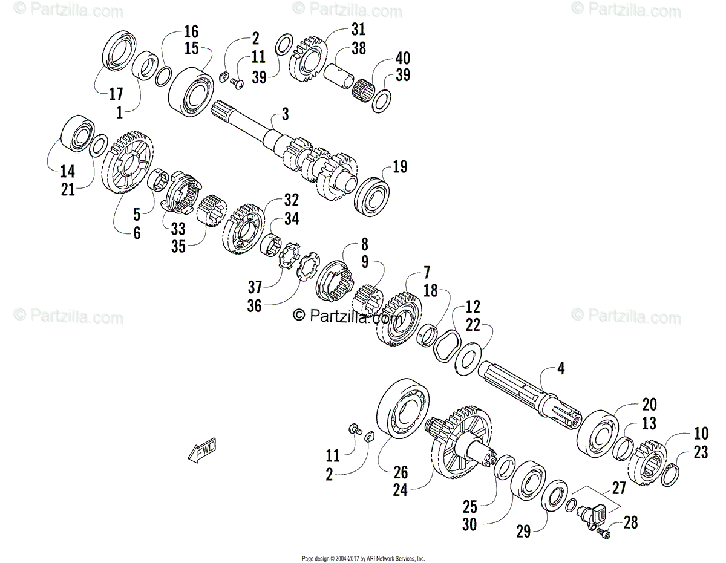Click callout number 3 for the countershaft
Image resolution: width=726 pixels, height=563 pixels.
pos(285,114)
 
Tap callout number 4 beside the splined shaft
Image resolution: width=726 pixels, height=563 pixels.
pos(560,368)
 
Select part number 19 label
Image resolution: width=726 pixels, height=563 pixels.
pos(401,167)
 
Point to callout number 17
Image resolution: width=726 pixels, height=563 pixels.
pos(116,94)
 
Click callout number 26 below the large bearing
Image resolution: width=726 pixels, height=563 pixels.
pos(400,473)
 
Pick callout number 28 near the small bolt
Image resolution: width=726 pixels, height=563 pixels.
pos(630,522)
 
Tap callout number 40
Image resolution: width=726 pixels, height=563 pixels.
pos(403,59)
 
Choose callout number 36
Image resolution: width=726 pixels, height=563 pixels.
pos(254,306)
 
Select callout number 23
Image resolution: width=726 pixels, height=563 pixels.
pos(701,452)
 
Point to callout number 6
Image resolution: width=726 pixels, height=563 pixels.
pos(137,232)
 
